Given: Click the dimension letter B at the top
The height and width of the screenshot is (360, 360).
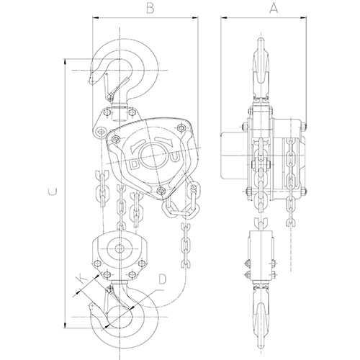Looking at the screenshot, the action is coord(150,8).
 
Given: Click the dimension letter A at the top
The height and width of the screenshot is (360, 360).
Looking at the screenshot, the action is coord(274,8).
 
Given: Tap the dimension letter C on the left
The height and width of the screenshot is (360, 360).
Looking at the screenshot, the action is coord(53,192).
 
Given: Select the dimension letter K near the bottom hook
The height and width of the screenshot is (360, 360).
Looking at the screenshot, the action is coord(81,279).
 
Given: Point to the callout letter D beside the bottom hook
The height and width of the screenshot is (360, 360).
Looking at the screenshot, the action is coord(162,279).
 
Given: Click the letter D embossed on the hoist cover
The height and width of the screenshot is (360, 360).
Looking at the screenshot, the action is coord(135,164).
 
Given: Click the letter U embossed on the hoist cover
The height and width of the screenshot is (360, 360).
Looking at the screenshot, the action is coord(175,157).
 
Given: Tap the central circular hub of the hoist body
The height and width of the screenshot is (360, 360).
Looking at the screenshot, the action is coord(152,156).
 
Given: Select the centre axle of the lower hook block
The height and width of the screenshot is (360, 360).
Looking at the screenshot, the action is coord(120,248).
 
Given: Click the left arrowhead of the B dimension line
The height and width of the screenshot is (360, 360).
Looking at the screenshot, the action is coord(96,17).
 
